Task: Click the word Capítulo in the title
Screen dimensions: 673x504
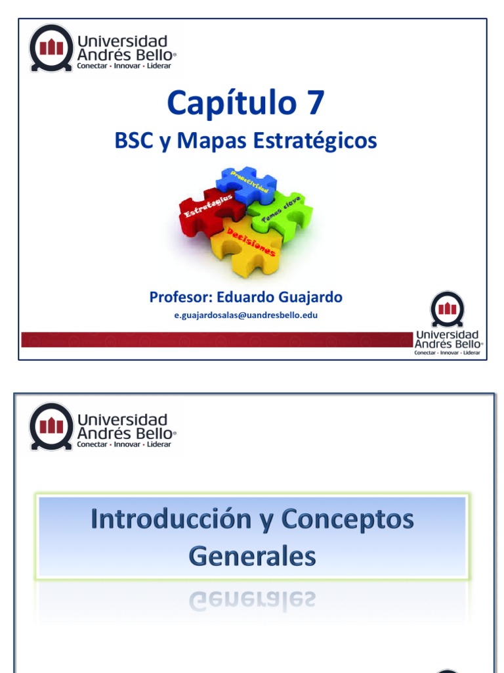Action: click(227, 104)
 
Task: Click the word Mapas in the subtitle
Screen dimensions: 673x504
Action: click(209, 141)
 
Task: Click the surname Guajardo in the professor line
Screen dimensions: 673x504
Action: click(308, 297)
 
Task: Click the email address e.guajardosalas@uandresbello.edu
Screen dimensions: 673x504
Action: click(246, 315)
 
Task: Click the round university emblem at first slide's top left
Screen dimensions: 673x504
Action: click(51, 47)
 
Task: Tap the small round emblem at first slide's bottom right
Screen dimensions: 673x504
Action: click(447, 309)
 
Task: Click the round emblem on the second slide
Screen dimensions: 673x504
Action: click(51, 426)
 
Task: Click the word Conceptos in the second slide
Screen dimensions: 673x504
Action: click(347, 519)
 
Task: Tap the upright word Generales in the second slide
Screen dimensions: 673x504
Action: click(253, 557)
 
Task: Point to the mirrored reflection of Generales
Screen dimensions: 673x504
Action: click(253, 599)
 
